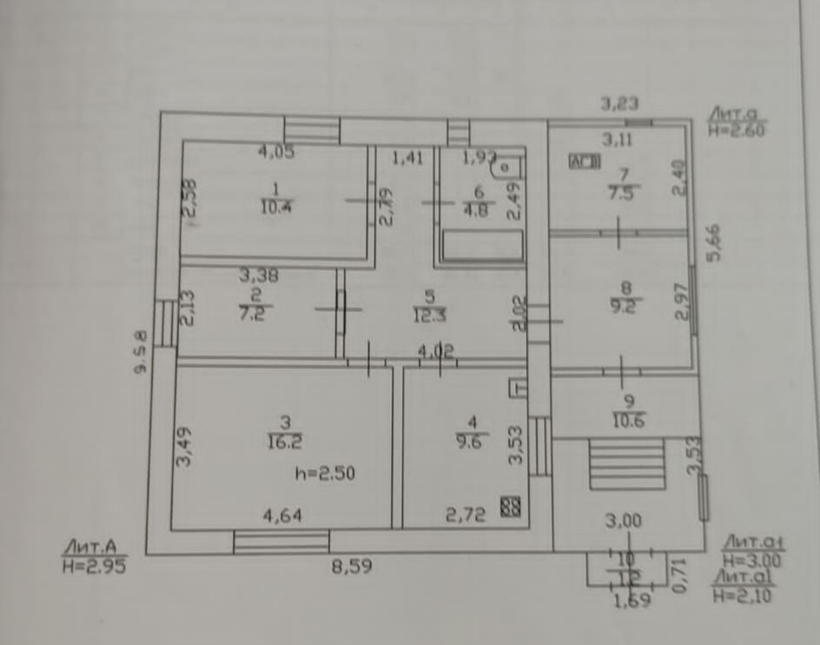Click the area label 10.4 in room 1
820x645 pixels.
coord(274,207)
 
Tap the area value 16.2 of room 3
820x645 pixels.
coord(286,442)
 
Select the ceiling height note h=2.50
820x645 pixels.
coord(325,474)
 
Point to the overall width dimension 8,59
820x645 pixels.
coord(352,569)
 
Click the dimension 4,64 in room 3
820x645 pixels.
coord(283,515)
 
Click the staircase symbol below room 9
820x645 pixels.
coord(626,463)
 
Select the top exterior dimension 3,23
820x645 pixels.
coord(620,104)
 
